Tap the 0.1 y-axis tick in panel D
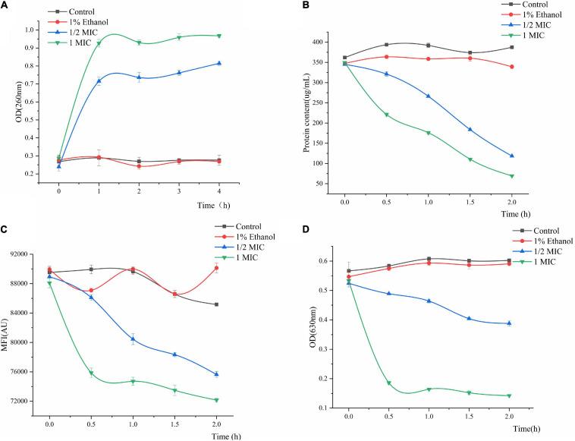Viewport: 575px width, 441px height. pos(331,408)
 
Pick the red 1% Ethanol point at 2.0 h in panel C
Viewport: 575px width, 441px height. pos(216,268)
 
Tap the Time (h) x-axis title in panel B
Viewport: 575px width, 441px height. pos(517,214)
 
